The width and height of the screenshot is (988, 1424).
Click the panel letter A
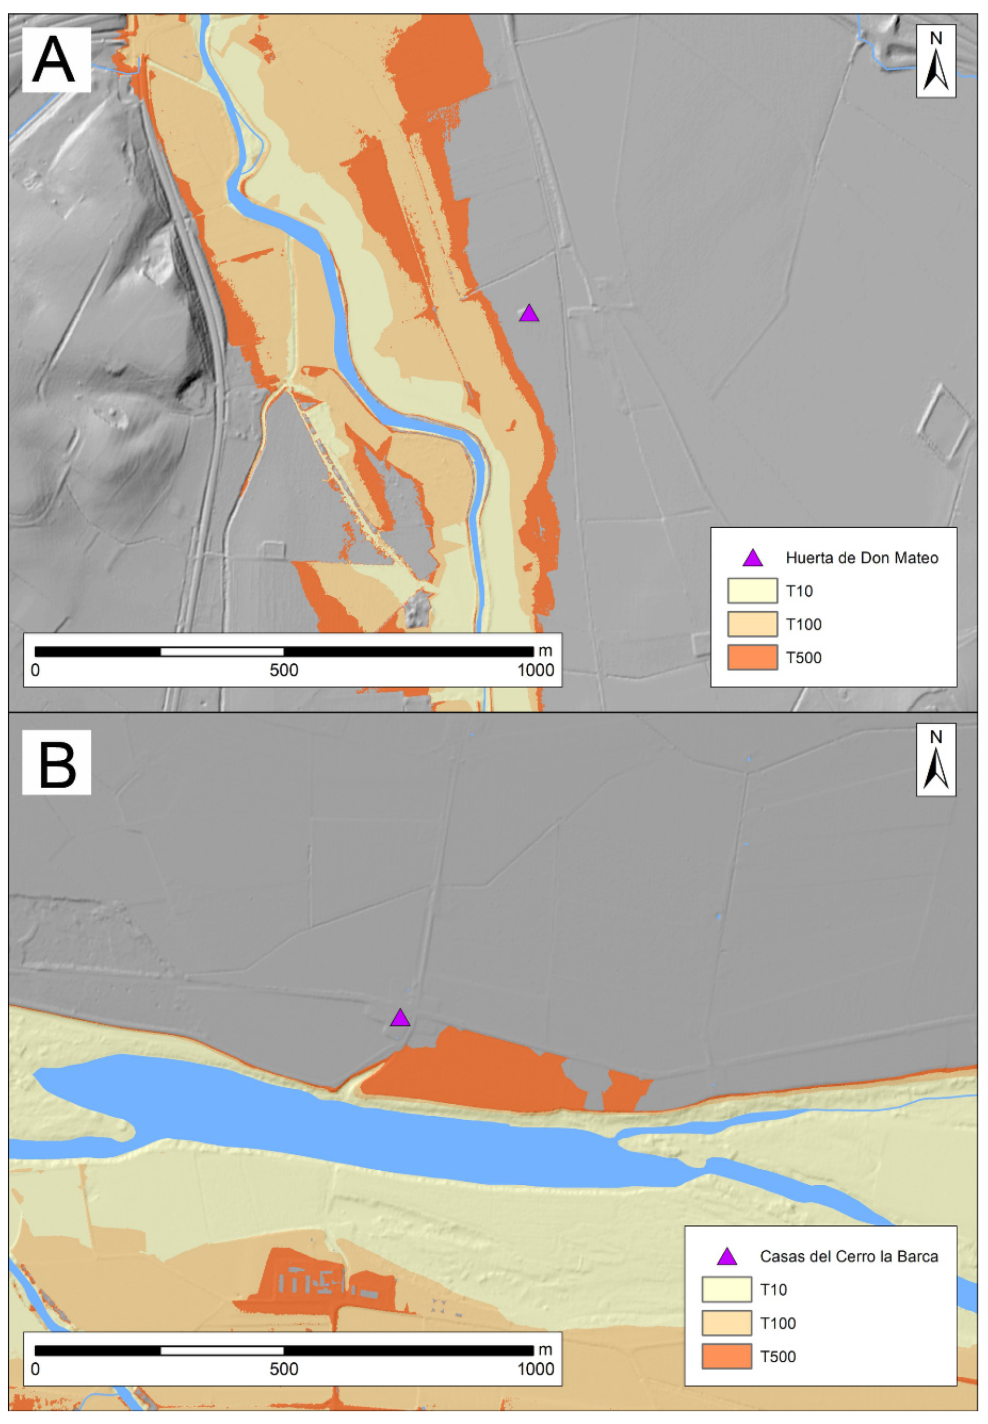[x=55, y=59]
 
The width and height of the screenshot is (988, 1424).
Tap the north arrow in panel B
[x=935, y=760]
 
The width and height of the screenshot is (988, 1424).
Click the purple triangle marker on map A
[x=529, y=314]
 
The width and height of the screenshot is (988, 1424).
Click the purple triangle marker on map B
[x=400, y=1018]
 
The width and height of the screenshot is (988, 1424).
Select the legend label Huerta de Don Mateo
[x=862, y=558]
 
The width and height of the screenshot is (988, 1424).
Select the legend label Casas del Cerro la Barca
[x=849, y=1256]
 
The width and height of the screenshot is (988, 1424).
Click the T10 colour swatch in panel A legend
[x=752, y=590]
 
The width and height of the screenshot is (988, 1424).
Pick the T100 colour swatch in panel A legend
[x=752, y=624]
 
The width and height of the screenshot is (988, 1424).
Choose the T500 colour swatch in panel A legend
[x=752, y=657]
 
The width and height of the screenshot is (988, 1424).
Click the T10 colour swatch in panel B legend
[x=726, y=1290]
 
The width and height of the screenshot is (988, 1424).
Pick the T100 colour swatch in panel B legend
[x=726, y=1323]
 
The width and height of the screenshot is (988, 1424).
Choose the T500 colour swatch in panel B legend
[x=726, y=1356]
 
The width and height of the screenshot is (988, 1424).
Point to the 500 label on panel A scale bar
[x=284, y=670]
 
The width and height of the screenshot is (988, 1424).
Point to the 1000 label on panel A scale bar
[x=535, y=670]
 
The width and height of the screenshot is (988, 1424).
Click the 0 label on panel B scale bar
[x=35, y=1369]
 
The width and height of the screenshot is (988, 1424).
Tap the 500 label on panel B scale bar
[x=284, y=1369]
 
